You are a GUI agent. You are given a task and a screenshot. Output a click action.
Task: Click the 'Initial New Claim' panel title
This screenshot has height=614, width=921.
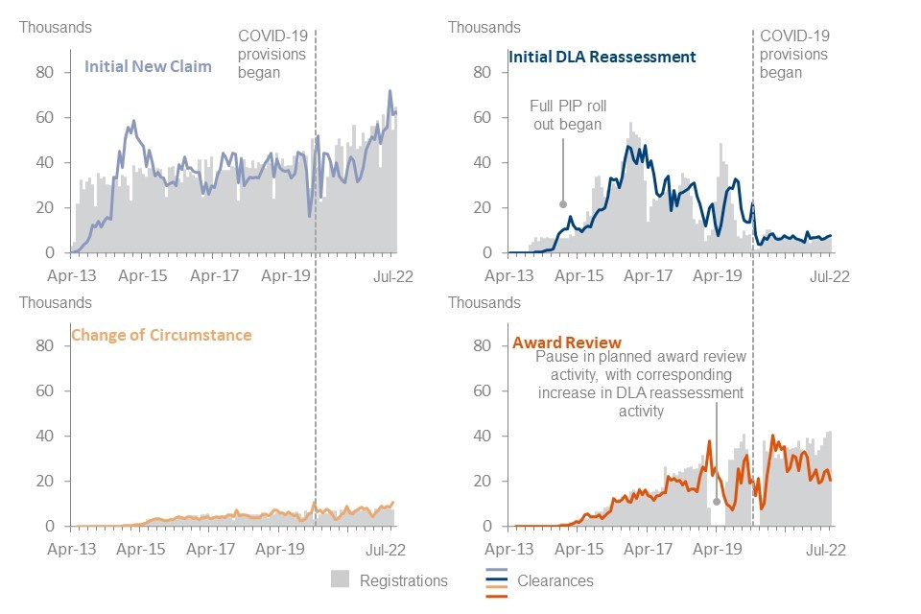click(x=149, y=67)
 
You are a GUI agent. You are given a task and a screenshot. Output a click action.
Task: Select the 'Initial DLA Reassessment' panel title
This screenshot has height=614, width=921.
click(x=602, y=57)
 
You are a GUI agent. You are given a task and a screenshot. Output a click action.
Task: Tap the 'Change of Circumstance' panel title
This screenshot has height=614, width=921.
click(x=161, y=335)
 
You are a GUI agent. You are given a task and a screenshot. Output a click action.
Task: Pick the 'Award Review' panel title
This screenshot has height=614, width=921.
click(x=567, y=342)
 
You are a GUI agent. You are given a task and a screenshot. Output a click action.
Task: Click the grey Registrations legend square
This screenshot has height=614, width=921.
click(x=340, y=579)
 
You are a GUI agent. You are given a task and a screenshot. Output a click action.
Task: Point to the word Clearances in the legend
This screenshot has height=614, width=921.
click(x=555, y=580)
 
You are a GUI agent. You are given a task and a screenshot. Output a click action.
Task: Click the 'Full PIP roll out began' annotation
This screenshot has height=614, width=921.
click(x=570, y=115)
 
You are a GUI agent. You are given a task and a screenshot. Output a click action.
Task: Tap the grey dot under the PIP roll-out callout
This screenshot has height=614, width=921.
click(x=563, y=203)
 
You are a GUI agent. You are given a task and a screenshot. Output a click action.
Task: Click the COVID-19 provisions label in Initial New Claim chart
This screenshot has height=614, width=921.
click(x=272, y=54)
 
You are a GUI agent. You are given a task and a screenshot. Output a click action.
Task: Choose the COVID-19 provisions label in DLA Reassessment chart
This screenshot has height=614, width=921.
click(x=794, y=54)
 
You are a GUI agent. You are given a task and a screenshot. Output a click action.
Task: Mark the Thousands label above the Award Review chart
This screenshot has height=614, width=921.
click(x=484, y=302)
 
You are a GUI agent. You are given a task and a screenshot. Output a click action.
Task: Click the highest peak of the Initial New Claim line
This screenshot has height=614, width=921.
click(x=390, y=91)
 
